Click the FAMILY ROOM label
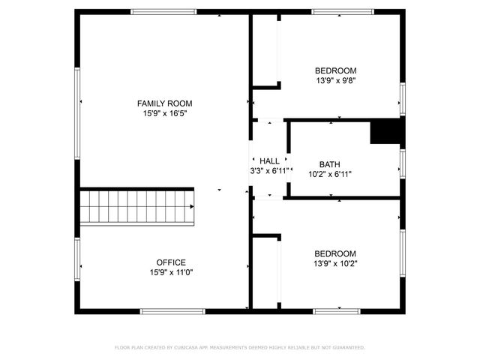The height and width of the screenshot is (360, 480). coord(164,103)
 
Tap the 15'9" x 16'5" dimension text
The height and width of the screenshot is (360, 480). coord(164,113)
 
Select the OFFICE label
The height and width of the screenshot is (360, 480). coord(171,262)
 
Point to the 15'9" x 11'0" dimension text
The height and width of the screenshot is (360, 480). coord(171,272)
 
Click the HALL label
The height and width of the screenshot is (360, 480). coord(269,160)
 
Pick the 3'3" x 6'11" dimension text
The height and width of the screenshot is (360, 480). coord(269,170)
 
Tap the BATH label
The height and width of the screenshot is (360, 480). coord(330,164)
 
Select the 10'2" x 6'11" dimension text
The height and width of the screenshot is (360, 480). coord(330,174)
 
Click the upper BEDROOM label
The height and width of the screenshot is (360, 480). coord(336,70)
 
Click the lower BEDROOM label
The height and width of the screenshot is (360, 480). coord(335,253)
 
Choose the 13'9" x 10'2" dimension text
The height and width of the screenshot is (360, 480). coord(335,263)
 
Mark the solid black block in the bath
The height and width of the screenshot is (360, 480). coord(387,132)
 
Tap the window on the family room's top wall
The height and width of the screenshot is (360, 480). coord(163,12)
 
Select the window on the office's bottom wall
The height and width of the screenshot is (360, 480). coord(172,310)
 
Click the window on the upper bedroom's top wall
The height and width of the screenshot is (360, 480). coord(343,12)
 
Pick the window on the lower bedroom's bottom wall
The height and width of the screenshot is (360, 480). coord(337,310)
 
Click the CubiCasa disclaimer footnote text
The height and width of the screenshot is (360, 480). coord(240,347)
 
